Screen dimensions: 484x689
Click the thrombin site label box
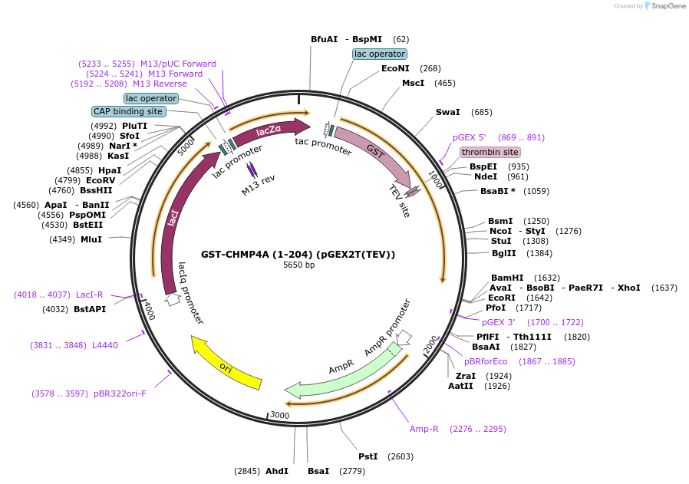click(x=490, y=153)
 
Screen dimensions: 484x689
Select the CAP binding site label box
click(x=128, y=111)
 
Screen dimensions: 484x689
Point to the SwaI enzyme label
click(x=448, y=112)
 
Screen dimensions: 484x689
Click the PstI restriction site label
click(x=368, y=456)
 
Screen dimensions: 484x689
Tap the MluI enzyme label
click(x=91, y=239)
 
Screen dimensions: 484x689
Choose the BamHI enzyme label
click(x=507, y=278)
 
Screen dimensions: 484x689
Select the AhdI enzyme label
click(x=277, y=471)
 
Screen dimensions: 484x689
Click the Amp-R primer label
click(x=424, y=429)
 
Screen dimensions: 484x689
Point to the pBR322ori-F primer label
click(x=120, y=393)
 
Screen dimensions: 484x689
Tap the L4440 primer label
click(x=105, y=345)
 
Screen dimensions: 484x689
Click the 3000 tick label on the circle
click(x=279, y=415)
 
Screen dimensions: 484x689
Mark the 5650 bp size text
click(x=298, y=265)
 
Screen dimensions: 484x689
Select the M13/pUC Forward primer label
click(x=178, y=64)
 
